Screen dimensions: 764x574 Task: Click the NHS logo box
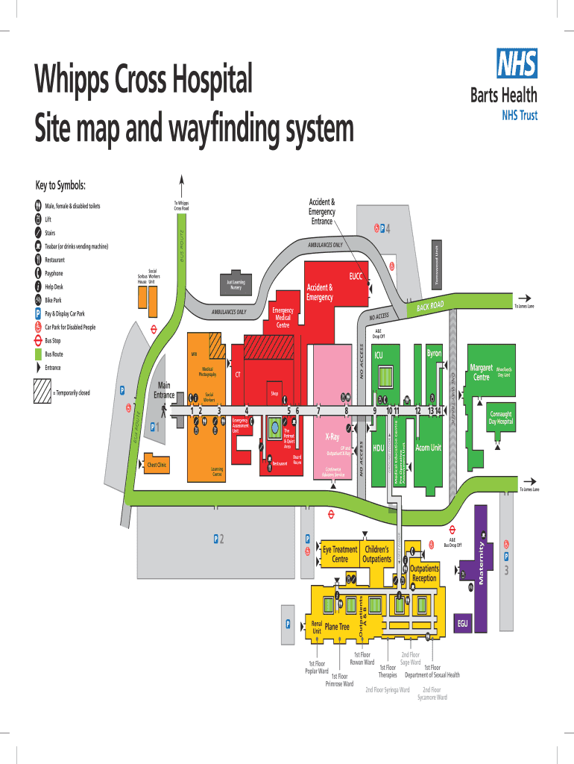516,63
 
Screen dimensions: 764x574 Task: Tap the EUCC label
356,277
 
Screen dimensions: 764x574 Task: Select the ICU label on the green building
379,355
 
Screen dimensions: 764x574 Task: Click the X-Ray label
332,436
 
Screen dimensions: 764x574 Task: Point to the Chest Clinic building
157,465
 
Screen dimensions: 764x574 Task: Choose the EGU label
462,624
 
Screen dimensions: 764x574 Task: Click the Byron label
434,352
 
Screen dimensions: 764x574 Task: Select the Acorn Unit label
428,448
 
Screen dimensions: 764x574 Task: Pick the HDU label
378,448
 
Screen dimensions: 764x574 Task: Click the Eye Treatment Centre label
340,554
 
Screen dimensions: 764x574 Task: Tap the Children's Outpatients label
376,554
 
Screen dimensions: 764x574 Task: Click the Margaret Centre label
482,372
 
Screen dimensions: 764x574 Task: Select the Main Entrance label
163,390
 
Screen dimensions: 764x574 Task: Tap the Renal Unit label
317,627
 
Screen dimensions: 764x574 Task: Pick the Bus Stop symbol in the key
38,340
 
